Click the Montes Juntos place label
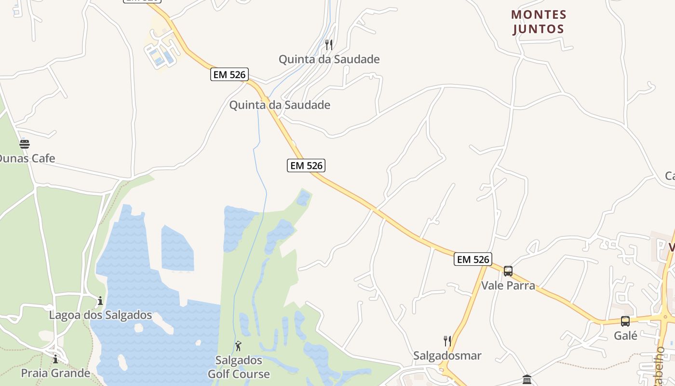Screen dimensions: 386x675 tap(539, 22)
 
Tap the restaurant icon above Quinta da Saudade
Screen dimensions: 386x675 tap(329, 45)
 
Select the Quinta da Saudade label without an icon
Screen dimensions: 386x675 tap(280, 105)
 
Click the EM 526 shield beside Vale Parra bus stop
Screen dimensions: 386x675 tap(473, 259)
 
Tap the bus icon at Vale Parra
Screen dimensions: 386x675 tap(508, 271)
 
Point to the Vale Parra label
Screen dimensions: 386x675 tap(508, 285)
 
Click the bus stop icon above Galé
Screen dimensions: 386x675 tap(625, 321)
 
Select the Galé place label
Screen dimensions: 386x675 tap(625, 335)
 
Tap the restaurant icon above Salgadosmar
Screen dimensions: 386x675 tap(447, 341)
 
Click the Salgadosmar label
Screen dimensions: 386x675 tap(447, 356)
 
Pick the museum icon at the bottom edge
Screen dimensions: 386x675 tap(526, 380)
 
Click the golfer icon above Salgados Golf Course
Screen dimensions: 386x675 tap(238, 346)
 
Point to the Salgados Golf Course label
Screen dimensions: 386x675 tap(239, 367)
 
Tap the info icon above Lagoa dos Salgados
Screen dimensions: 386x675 tap(100, 301)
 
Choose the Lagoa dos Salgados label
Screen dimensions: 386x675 tap(100, 315)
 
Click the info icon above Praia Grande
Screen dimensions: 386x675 tap(55, 359)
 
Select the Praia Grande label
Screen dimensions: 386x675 tap(55, 373)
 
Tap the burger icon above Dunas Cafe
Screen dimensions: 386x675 tap(25, 144)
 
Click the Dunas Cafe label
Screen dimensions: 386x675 tap(27, 158)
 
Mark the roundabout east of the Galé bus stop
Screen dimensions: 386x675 tap(666, 317)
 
